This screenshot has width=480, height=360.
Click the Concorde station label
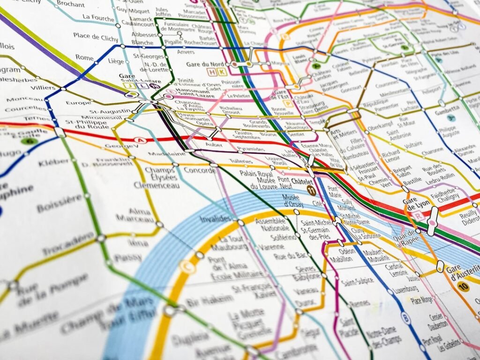coord(200,170)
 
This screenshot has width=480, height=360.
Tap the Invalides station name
coord(215,219)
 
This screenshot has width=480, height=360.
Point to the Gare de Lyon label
coord(416,204)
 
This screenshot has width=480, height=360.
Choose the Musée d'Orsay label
coord(292,200)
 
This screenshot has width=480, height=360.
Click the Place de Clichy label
coord(93,37)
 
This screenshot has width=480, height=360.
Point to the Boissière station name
coord(59,203)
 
